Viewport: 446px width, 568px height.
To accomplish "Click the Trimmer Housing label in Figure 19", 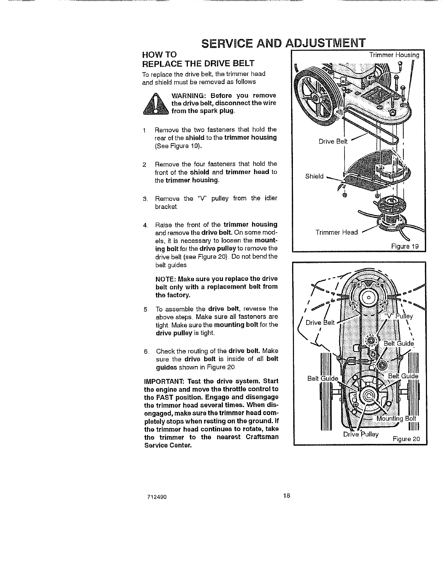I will coord(394,55).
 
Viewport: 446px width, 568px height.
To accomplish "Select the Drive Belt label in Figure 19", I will coord(333,141).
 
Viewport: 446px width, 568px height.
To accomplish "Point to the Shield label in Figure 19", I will coord(314,176).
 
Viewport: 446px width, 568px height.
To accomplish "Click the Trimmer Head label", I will coord(336,232).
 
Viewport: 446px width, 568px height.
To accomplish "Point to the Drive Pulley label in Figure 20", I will coord(361,434).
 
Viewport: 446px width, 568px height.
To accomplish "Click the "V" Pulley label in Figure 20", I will coord(399,316).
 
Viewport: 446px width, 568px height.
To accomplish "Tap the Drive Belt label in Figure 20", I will coord(320,322).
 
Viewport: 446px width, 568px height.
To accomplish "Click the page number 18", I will coord(286,496).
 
